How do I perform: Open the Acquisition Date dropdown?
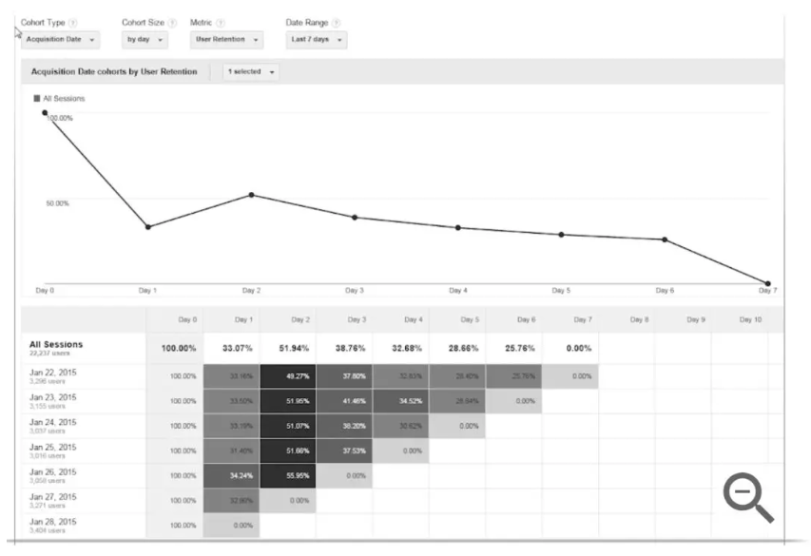[x=60, y=40]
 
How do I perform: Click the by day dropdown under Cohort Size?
[x=145, y=40]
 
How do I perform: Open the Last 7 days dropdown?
[x=316, y=40]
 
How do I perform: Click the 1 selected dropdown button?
[x=250, y=71]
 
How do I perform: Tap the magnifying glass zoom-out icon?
[x=748, y=498]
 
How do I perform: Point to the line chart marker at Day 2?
[x=251, y=195]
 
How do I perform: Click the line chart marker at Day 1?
[x=147, y=226]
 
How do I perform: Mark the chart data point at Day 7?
[x=767, y=282]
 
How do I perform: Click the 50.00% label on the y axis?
[x=57, y=202]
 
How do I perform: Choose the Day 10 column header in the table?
[x=751, y=319]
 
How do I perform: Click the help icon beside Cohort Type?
[x=72, y=22]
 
